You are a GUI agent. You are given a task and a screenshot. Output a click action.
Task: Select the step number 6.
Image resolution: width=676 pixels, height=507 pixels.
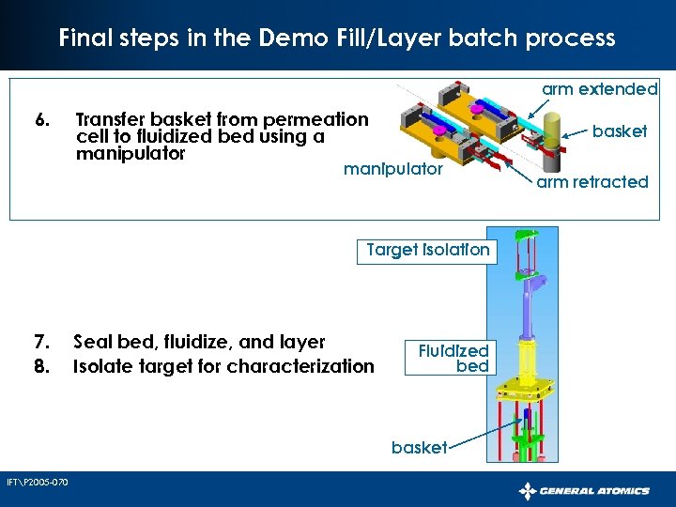[41, 120]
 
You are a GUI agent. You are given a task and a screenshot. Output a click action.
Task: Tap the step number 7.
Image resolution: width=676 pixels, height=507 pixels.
[41, 343]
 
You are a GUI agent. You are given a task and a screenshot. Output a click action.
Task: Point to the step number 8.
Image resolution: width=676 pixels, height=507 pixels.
[41, 366]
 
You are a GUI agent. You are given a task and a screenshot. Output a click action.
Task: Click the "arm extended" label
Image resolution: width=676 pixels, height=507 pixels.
[600, 89]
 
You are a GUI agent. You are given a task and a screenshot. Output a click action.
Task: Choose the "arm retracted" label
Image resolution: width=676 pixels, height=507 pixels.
[592, 181]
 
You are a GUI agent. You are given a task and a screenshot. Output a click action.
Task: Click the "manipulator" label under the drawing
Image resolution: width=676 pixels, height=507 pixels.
[392, 170]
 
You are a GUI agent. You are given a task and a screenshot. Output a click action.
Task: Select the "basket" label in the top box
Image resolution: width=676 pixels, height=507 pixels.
[620, 131]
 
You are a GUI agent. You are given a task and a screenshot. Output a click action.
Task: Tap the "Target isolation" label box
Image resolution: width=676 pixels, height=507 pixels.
[427, 250]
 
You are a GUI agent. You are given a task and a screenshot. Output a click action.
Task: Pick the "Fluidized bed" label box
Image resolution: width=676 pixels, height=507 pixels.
[453, 359]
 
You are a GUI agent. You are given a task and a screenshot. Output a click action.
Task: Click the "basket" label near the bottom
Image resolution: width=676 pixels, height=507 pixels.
[419, 448]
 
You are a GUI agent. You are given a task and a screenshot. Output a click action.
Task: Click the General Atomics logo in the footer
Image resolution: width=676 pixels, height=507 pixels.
[585, 490]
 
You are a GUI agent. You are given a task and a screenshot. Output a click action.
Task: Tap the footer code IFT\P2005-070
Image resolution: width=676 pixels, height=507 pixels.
[37, 483]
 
